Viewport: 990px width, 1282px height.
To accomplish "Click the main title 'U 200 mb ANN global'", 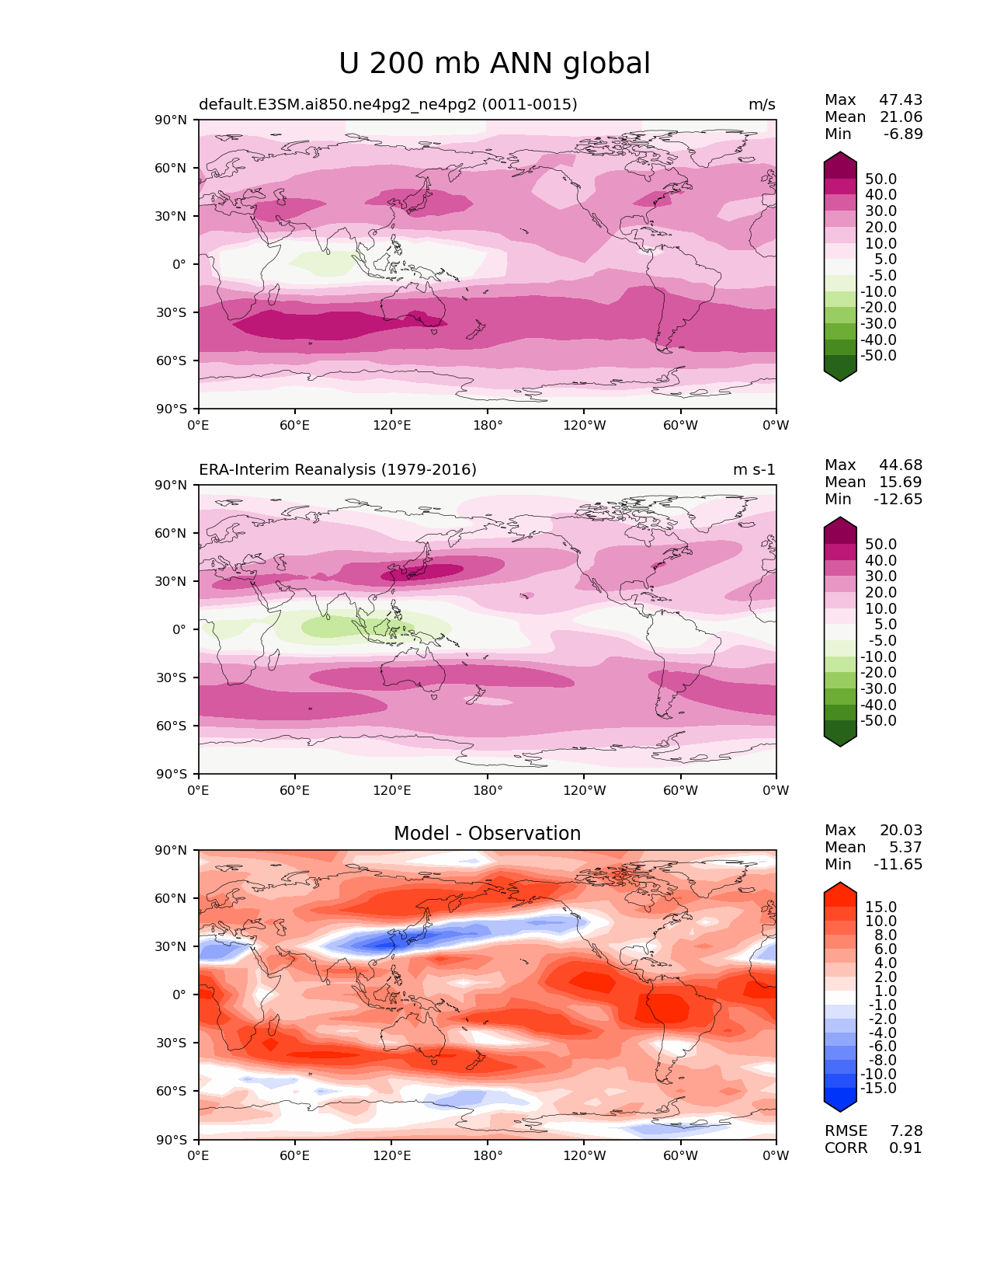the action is tap(494, 64).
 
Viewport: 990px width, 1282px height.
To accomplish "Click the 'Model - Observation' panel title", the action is tap(487, 833).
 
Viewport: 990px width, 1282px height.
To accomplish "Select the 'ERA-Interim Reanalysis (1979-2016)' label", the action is tap(337, 469).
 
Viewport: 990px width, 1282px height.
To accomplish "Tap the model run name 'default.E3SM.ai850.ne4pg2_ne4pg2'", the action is tap(337, 104).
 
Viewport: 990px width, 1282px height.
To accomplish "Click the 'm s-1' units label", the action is tap(754, 469).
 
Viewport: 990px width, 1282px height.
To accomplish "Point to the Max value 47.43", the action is tap(901, 99).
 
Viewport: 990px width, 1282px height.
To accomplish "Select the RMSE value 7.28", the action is tap(905, 1130).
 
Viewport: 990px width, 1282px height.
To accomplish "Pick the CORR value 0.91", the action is tap(905, 1148).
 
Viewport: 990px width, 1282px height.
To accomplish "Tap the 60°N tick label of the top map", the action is tap(170, 168).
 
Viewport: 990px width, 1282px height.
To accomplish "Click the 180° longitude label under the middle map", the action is tap(488, 790).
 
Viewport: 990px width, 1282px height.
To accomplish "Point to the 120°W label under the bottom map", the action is tap(585, 1155).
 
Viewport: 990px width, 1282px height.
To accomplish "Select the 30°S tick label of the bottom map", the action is tap(171, 1043).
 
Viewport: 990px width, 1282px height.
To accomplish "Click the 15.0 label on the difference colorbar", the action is tap(881, 907).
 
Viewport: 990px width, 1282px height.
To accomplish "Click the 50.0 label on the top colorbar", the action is tap(881, 179).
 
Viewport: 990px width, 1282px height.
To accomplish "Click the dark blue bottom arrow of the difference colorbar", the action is tap(839, 1103).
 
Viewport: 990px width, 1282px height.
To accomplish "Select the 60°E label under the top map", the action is tap(295, 425).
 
